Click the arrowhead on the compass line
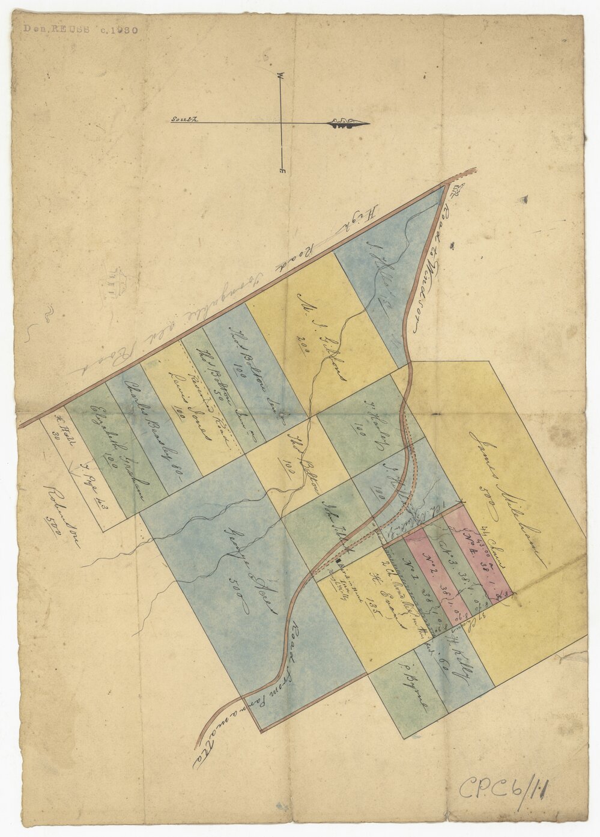tap(348, 124)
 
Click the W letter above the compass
tap(280, 76)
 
